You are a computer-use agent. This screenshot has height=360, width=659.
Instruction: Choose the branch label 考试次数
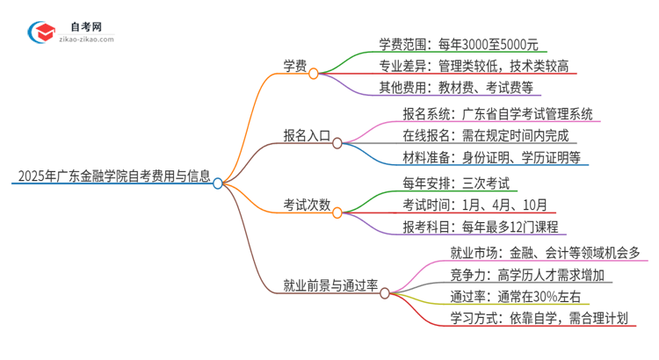[x=306, y=205]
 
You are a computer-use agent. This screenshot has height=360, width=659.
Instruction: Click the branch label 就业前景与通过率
[x=329, y=284]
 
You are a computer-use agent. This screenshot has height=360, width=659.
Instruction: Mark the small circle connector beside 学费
[x=314, y=75]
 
